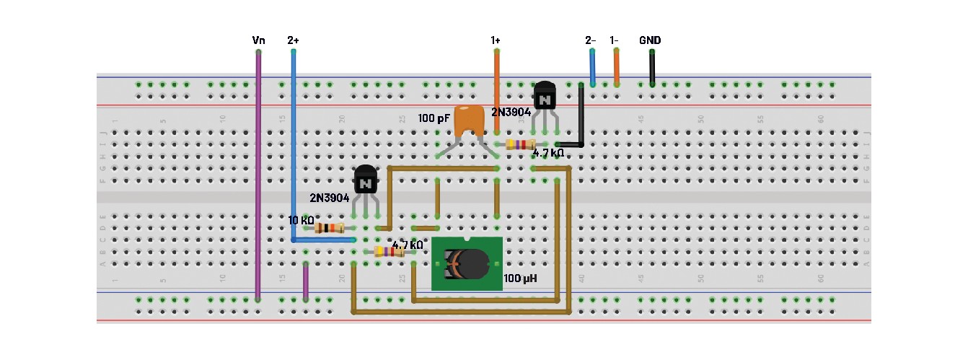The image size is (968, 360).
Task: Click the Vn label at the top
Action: click(258, 40)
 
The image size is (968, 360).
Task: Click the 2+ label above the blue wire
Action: click(293, 40)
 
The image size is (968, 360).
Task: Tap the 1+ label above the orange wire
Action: click(496, 40)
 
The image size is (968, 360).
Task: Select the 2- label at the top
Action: click(591, 40)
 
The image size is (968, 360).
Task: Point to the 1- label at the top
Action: click(615, 40)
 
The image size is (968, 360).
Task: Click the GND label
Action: click(650, 40)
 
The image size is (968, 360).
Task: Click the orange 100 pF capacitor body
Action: click(470, 121)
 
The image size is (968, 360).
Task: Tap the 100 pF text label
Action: click(434, 117)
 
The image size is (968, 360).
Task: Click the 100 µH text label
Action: click(520, 278)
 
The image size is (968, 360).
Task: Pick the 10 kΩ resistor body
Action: click(330, 228)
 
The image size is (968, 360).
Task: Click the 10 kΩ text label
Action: click(301, 219)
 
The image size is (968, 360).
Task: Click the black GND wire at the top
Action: click(652, 69)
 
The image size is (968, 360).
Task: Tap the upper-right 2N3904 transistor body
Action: click(545, 95)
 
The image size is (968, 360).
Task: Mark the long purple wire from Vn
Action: click(258, 173)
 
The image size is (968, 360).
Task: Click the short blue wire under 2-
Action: click(592, 69)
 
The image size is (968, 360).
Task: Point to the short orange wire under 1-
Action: click(616, 69)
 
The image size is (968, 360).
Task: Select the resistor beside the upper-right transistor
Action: click(521, 144)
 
